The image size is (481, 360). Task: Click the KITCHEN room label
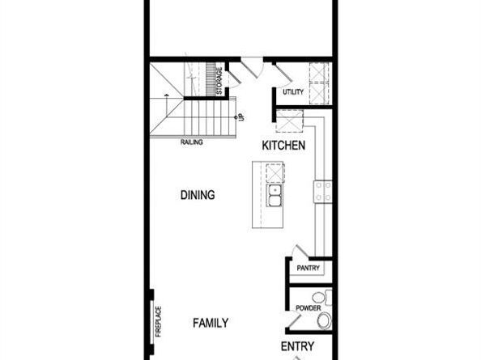click(283, 146)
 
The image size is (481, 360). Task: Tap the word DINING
click(197, 195)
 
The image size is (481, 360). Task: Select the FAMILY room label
click(210, 323)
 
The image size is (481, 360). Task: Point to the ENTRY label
click(297, 346)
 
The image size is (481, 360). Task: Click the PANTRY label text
click(309, 269)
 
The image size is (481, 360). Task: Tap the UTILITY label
click(293, 92)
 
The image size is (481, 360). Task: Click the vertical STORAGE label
click(219, 81)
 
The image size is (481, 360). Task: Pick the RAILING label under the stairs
click(192, 142)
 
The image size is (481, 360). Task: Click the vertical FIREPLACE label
click(159, 321)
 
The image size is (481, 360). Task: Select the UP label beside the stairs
click(241, 116)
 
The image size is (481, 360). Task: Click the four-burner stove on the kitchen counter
click(323, 191)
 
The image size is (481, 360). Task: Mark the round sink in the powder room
click(317, 297)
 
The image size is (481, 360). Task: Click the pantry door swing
click(300, 252)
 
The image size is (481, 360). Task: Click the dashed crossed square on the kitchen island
click(275, 172)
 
